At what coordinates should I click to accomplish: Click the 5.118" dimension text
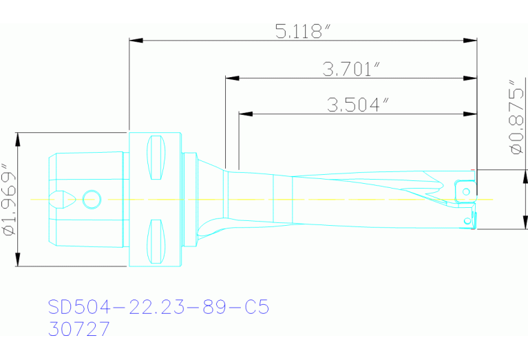(303, 31)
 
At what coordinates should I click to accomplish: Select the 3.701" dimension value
(351, 69)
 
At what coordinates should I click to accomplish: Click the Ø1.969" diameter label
(10, 200)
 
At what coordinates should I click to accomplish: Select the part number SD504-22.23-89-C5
(158, 307)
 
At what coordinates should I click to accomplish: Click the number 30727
(79, 330)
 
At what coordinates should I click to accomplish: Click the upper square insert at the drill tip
(465, 189)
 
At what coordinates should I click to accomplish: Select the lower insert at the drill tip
(468, 220)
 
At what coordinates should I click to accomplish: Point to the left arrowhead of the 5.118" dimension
(135, 41)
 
